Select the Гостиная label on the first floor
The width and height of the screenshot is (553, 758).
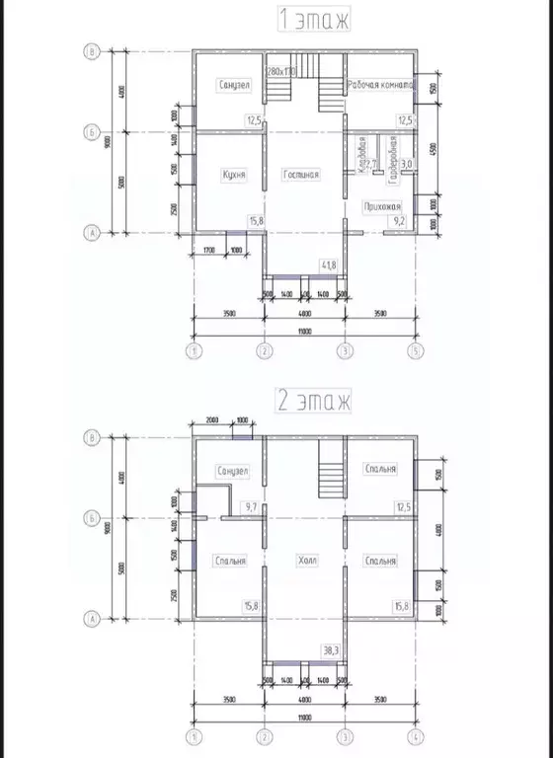[301, 175]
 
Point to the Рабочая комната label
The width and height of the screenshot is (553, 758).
[379, 86]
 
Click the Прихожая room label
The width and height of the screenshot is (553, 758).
[382, 205]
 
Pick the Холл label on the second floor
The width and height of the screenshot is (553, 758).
[306, 561]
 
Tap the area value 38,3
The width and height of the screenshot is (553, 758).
[331, 650]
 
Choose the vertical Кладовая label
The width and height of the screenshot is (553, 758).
[362, 154]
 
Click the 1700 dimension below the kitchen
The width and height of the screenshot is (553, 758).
[210, 251]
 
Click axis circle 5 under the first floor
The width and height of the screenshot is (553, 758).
[418, 350]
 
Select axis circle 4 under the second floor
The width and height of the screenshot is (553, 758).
[418, 736]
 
